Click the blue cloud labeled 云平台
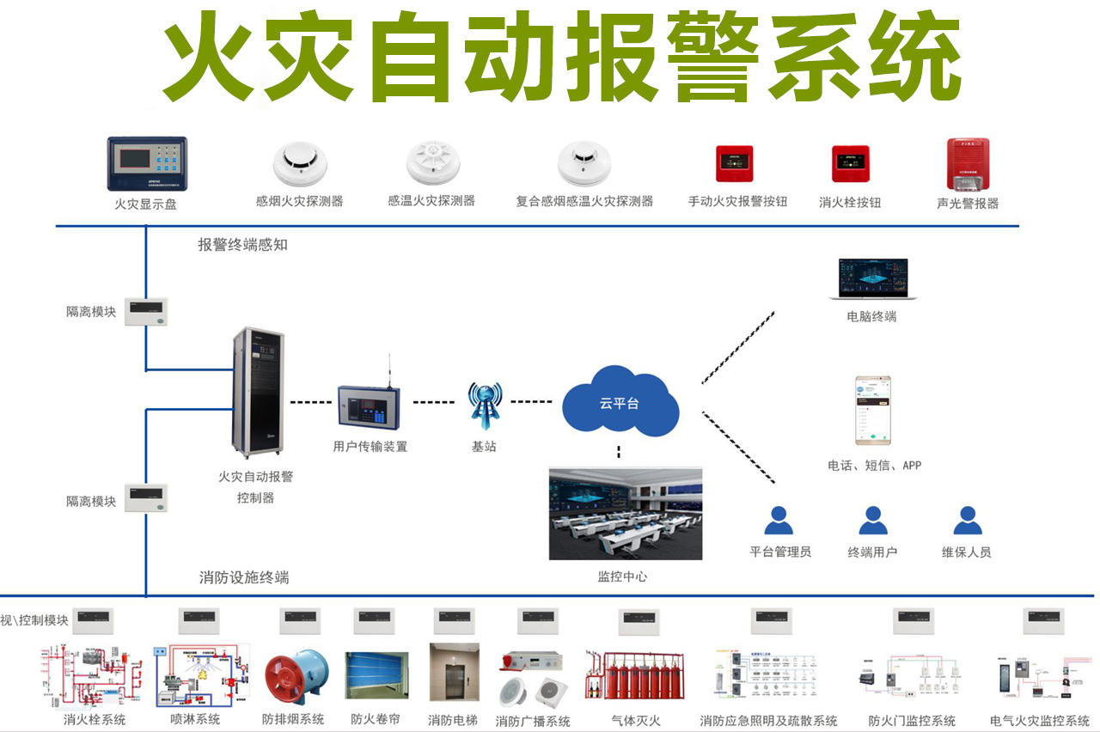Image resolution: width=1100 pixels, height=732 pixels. point(620,401)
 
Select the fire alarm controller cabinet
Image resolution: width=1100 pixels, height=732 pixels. point(257,392)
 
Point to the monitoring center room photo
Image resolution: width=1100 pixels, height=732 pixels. point(626,514)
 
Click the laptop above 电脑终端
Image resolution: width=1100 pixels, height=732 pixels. point(872,280)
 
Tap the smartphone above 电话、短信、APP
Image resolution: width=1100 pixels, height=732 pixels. point(872,411)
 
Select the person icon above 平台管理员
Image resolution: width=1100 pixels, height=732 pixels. point(779,521)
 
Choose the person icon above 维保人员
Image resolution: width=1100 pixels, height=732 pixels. point(967,521)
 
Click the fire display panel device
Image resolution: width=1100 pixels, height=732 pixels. point(146,164)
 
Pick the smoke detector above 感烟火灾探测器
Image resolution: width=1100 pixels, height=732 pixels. point(300,165)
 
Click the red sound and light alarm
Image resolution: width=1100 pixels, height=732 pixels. point(968,166)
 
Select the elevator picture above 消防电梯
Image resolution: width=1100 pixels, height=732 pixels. point(453,674)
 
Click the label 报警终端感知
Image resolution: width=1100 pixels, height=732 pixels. point(243,245)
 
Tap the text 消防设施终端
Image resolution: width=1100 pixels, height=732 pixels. point(244,577)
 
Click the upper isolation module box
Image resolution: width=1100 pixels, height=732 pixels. point(145,311)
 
